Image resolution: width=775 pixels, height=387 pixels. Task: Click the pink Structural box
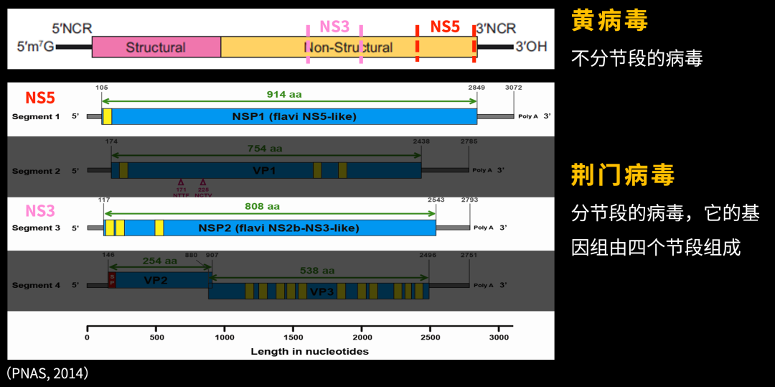[x=156, y=47]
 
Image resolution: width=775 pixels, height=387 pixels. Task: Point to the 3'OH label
[x=531, y=47]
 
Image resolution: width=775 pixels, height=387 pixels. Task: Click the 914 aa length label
[x=284, y=94]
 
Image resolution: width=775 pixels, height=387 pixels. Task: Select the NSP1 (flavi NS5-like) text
[x=294, y=116]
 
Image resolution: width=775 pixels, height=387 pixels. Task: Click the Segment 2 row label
[x=37, y=171]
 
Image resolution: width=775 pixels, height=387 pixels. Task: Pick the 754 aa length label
[x=266, y=149]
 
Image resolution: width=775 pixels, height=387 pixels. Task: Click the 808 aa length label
[x=263, y=206]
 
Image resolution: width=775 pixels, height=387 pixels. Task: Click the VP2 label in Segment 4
[x=156, y=280]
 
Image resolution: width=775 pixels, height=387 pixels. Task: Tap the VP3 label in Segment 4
[x=320, y=292]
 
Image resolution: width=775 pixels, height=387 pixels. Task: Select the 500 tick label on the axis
[x=156, y=337]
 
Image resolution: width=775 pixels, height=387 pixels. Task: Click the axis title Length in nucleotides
[x=309, y=351]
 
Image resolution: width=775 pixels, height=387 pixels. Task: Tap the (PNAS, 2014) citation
[x=47, y=373]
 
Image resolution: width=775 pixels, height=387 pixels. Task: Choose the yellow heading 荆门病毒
[x=623, y=175]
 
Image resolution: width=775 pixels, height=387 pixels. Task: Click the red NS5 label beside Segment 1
[x=40, y=98]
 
